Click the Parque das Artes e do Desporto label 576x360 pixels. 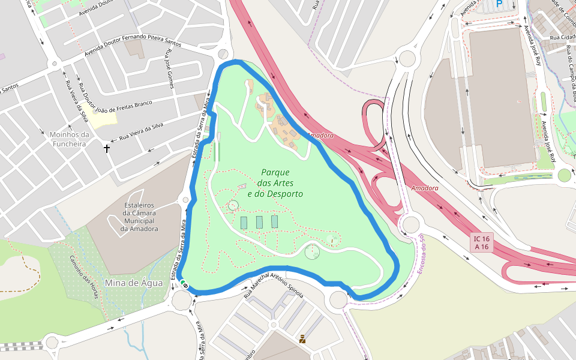275,183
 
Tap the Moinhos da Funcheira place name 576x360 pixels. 70,139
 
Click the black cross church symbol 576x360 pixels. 107,148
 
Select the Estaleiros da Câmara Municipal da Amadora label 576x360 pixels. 139,217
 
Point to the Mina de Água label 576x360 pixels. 133,283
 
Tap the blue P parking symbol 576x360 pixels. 499,4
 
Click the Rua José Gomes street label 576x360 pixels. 169,74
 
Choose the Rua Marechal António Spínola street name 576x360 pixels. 274,286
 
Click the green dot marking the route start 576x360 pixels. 183,283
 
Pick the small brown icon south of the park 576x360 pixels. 302,339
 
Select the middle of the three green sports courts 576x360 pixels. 259,222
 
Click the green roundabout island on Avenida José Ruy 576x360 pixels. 564,175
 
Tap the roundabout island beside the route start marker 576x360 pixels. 181,299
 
